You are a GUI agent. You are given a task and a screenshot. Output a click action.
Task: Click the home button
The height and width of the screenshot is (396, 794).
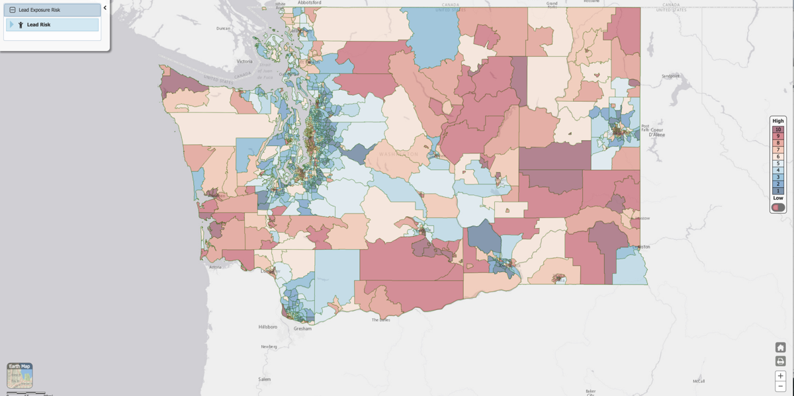[780, 348]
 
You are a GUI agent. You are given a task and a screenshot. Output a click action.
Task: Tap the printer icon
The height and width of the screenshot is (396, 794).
[780, 361]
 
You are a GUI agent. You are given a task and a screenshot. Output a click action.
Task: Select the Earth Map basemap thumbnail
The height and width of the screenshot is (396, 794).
[20, 376]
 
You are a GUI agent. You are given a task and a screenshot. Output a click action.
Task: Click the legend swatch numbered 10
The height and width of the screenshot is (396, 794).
[778, 130]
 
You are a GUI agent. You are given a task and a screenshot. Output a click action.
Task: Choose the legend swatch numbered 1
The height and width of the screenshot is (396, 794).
[778, 191]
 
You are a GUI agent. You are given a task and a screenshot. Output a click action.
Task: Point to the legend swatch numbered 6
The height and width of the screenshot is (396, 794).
[778, 157]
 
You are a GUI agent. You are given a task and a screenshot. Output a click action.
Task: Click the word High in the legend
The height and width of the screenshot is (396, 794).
[778, 121]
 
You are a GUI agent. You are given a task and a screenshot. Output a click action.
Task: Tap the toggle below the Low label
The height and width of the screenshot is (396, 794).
[778, 208]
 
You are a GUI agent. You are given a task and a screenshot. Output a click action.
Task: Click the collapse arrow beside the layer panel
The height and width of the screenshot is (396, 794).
[105, 8]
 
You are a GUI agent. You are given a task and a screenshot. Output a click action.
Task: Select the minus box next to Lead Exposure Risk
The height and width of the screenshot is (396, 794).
[13, 10]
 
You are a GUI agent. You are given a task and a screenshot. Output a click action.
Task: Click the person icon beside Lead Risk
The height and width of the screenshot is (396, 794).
[21, 25]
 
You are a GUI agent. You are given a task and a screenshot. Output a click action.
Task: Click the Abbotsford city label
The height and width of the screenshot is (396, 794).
[309, 3]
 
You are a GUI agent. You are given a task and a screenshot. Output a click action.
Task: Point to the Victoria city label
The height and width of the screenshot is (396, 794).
[244, 61]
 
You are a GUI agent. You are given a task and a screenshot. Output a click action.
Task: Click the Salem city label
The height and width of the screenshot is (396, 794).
[264, 379]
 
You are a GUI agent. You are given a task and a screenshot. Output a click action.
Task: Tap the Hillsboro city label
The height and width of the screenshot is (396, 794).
[267, 327]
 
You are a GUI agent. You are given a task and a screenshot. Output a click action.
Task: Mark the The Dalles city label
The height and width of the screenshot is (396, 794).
[380, 320]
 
